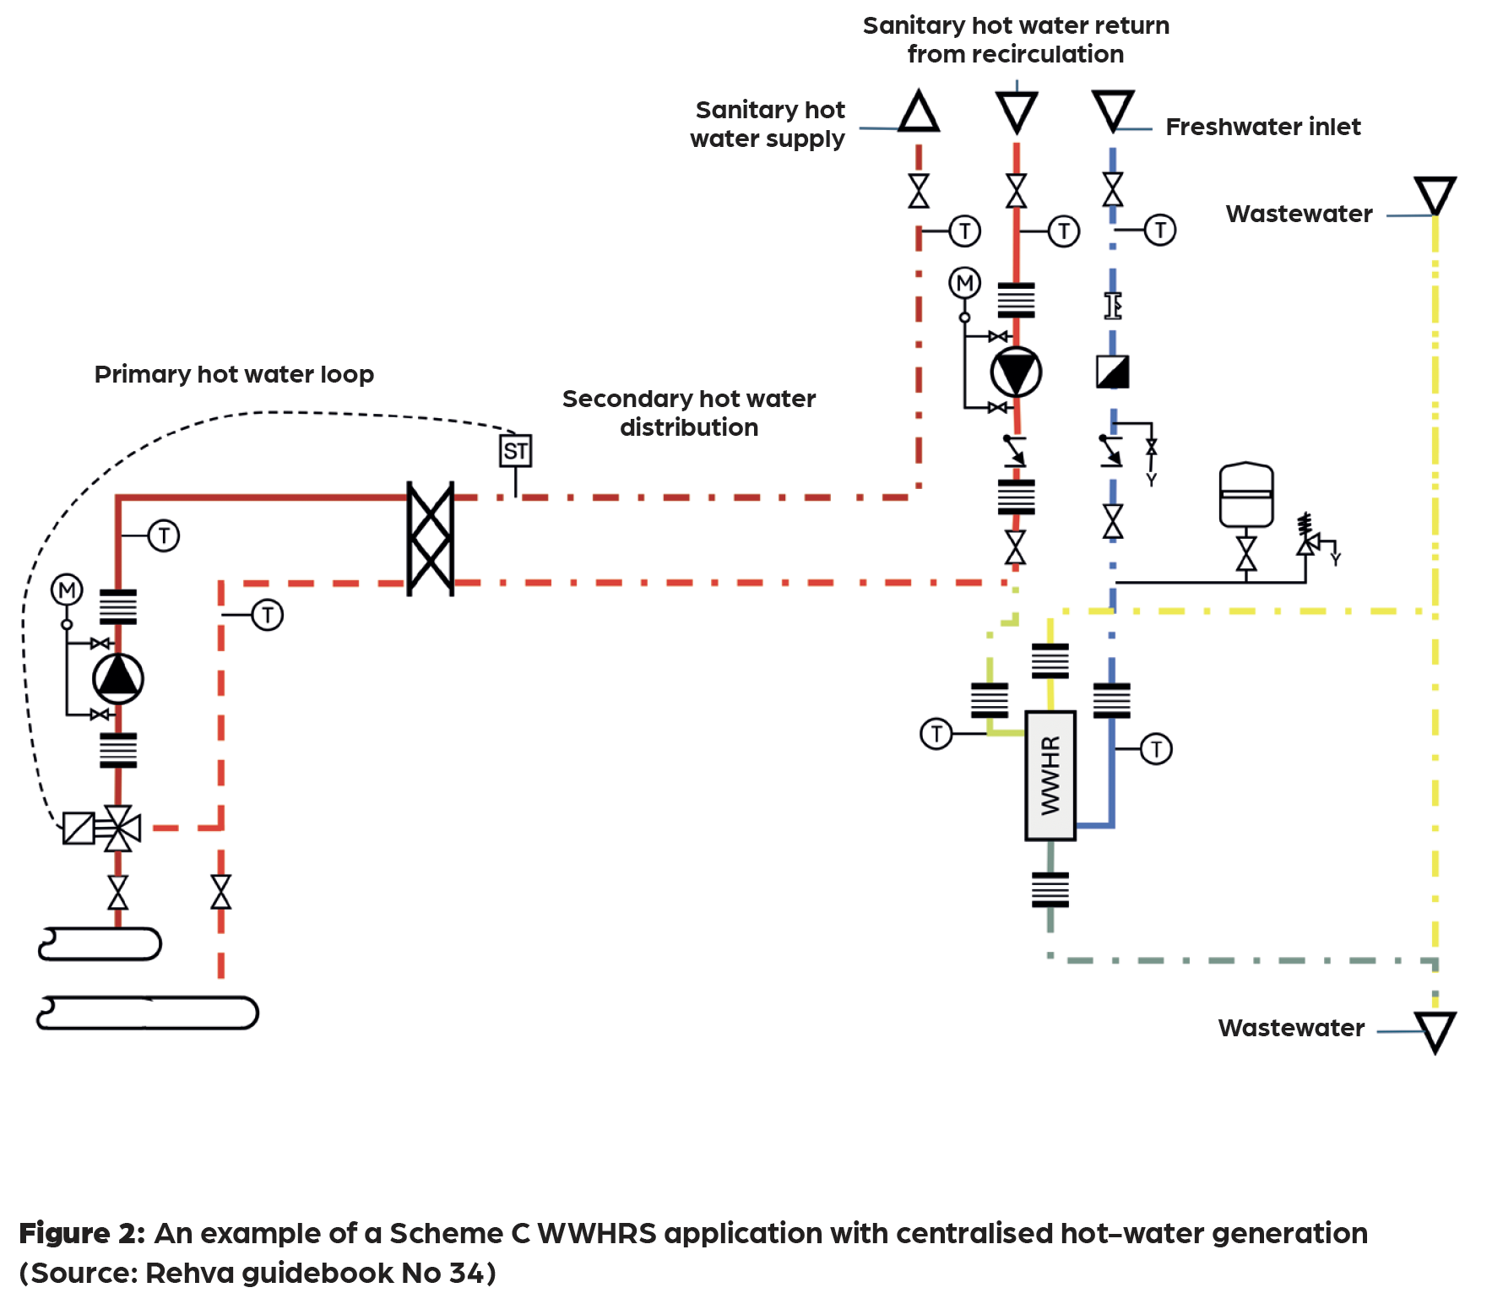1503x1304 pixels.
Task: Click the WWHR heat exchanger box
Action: (x=1050, y=775)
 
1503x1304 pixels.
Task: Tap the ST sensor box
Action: (x=515, y=451)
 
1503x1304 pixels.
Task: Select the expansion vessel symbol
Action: (x=1246, y=495)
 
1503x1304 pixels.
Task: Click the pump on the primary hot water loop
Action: (x=118, y=678)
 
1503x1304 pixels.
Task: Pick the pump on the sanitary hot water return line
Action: (x=1016, y=372)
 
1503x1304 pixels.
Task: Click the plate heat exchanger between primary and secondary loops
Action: (x=431, y=539)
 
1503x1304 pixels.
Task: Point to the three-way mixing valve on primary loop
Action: (x=118, y=828)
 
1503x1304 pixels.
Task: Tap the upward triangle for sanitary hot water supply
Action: (x=919, y=112)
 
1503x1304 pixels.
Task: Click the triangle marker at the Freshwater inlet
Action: (x=1113, y=111)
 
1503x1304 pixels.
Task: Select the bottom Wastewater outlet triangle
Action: (x=1435, y=1031)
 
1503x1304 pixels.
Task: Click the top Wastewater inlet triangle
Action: (x=1435, y=195)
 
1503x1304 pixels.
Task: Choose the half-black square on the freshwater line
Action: (x=1112, y=372)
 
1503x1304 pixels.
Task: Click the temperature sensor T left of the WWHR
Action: (x=936, y=733)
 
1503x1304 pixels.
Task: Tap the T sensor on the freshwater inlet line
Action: (x=1160, y=230)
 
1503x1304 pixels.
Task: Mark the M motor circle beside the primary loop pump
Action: (x=67, y=590)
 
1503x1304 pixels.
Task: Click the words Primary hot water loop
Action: (x=234, y=374)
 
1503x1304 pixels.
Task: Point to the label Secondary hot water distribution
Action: (x=689, y=413)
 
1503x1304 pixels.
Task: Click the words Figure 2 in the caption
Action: (x=81, y=1233)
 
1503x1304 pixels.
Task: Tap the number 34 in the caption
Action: (x=465, y=1273)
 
